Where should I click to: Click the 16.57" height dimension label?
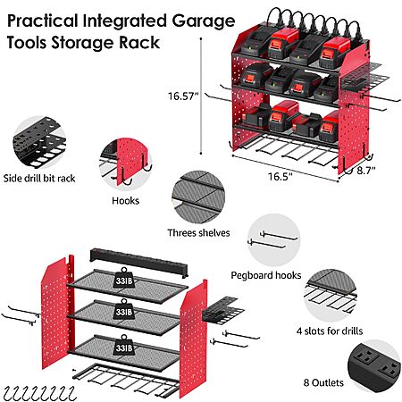coord(183,96)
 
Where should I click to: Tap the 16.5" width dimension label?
coord(280,176)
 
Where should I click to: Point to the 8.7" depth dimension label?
coord(366,171)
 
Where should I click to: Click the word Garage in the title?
coord(204,21)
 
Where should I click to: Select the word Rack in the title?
coord(139,42)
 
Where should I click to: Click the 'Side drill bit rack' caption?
coord(39,179)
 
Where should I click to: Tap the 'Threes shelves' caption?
coord(198,232)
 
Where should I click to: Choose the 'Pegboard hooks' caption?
coord(266,275)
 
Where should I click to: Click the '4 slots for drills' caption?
coord(330,331)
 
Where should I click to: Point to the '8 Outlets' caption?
coord(323,382)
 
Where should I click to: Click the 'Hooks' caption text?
coord(125,201)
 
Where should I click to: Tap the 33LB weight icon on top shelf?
coord(124,278)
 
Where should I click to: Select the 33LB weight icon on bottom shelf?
coord(124,345)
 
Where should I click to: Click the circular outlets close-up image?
coord(374,365)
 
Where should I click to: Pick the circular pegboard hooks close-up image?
coord(274,240)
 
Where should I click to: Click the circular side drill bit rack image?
coord(39,142)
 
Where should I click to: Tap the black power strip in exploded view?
coord(138,263)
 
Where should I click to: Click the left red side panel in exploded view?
coord(57,313)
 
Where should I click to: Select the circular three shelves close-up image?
coord(198,197)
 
